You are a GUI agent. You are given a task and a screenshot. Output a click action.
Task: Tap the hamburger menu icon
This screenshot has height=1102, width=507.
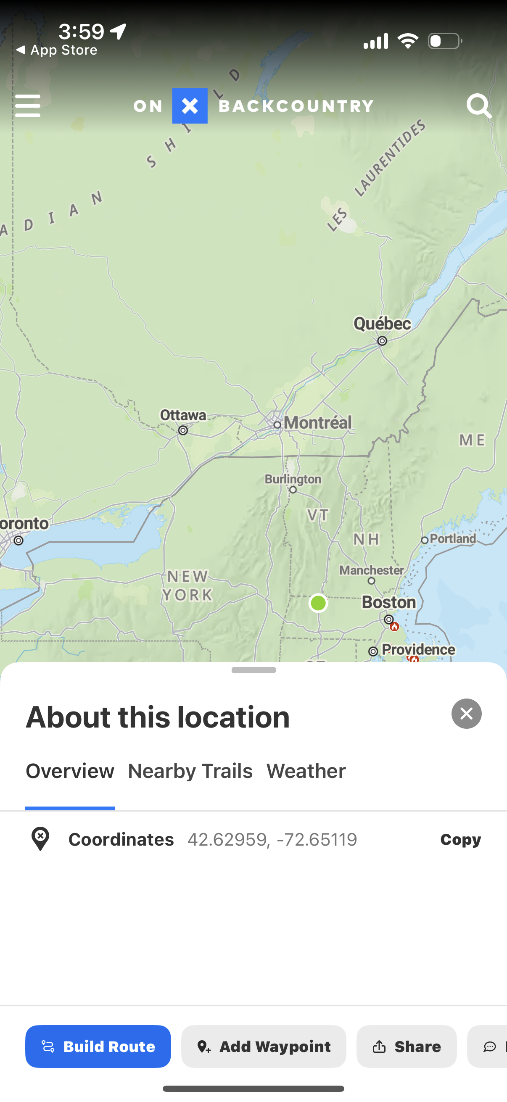[x=27, y=105]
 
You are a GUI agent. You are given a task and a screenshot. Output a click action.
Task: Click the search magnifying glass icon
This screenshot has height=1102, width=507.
[x=478, y=105]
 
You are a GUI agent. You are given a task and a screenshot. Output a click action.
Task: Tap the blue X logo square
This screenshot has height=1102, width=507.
[x=190, y=105]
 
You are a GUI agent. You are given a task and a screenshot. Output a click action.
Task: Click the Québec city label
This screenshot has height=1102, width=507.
[x=382, y=324]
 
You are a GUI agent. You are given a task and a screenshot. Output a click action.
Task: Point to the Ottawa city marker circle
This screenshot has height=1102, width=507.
[x=183, y=430]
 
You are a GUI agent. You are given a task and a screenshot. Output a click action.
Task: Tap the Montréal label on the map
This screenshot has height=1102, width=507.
[x=317, y=423]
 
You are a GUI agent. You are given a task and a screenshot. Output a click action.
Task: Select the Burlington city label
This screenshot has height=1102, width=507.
[x=293, y=479]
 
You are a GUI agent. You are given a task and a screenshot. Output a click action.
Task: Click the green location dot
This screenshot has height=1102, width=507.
[x=318, y=603]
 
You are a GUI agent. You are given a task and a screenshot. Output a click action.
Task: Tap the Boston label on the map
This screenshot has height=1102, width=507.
[x=388, y=602]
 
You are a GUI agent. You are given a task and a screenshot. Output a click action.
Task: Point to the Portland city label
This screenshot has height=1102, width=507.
[x=453, y=538]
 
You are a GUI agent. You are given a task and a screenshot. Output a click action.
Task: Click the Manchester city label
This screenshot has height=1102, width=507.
[x=371, y=570]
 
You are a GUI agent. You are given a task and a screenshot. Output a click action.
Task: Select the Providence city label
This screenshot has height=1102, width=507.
[x=418, y=649]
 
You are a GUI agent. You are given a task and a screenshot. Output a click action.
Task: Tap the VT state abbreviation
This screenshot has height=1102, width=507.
[x=318, y=515]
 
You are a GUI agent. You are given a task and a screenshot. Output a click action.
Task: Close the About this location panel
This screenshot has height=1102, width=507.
[x=466, y=714]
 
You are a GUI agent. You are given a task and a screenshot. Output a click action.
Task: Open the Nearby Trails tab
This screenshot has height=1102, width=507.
[x=190, y=771]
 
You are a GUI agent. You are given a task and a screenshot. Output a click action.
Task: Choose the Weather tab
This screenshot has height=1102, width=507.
[x=306, y=771]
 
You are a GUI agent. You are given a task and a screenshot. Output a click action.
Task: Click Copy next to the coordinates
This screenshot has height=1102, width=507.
[x=460, y=839]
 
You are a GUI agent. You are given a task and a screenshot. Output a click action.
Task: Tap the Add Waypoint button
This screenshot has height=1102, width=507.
[x=264, y=1047]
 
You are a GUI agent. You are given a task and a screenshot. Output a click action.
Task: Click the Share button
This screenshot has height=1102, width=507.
[x=407, y=1047]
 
